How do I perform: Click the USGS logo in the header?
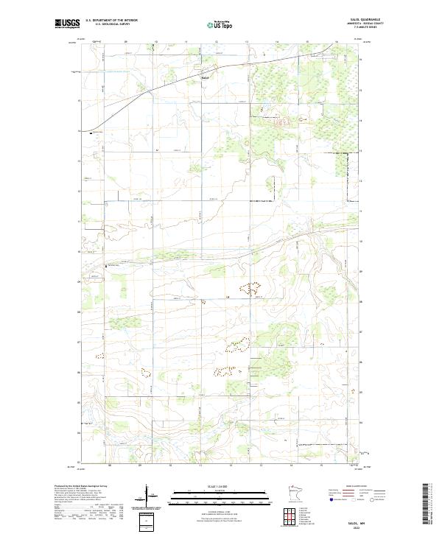(67, 24)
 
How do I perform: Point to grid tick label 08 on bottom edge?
(109, 466)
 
